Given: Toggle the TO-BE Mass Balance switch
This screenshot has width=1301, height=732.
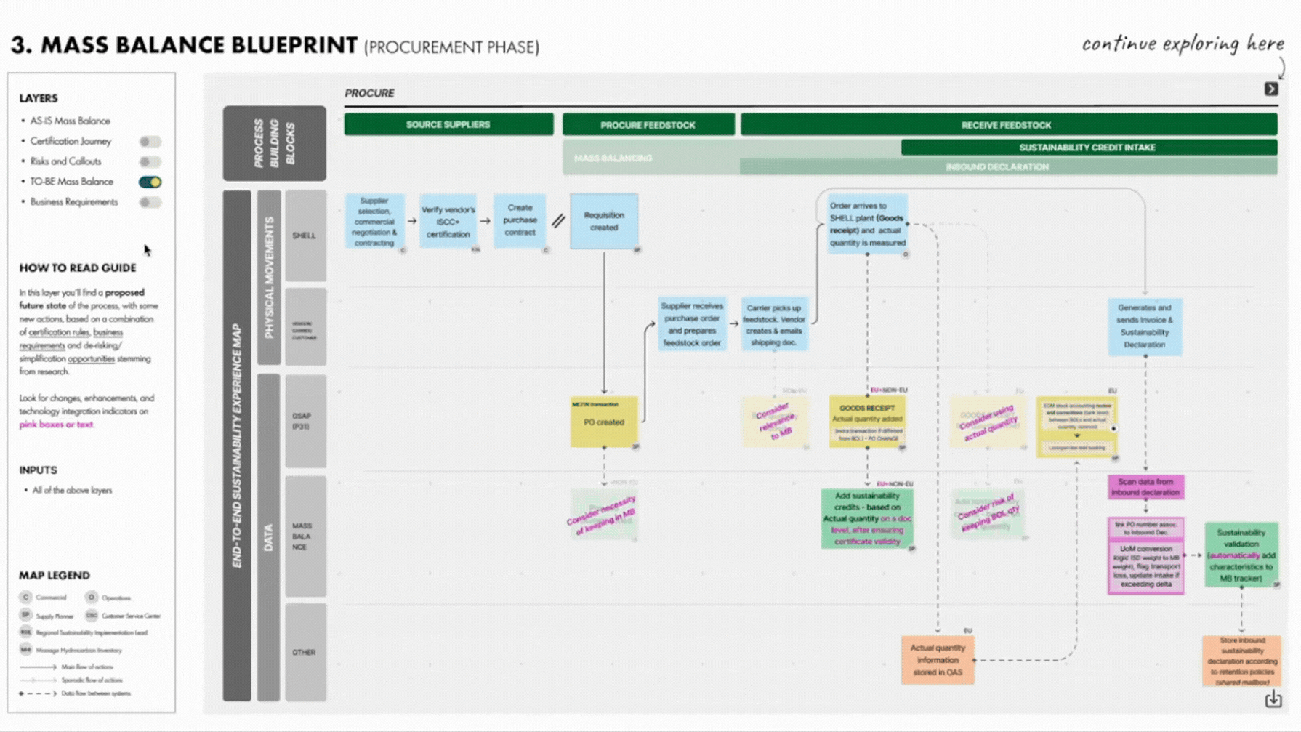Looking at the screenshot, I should (150, 182).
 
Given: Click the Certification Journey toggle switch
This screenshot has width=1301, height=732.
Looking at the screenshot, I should (150, 141).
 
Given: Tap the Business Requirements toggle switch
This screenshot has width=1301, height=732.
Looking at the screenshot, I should (150, 202).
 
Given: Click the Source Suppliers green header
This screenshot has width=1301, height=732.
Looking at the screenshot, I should (448, 124).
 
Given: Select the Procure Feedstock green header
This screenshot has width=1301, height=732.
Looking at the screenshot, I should (648, 125).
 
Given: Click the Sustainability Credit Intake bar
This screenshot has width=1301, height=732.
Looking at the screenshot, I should (1088, 148).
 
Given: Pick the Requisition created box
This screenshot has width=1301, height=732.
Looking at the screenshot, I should (604, 221).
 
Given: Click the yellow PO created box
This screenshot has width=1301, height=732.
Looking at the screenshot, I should (604, 422).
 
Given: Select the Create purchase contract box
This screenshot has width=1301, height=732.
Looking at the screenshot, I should (520, 220).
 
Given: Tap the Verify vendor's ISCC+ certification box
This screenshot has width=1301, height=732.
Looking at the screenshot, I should (448, 221).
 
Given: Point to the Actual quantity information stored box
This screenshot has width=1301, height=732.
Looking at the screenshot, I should (938, 660).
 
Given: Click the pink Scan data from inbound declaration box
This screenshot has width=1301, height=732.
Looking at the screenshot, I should (1145, 487).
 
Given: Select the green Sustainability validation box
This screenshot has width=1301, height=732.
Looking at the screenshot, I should (1241, 555).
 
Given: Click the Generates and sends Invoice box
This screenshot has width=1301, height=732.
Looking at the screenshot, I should (1145, 326).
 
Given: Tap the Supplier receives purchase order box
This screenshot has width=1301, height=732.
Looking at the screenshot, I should (692, 324).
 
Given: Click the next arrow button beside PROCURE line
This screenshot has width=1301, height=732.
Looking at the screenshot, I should (1271, 89).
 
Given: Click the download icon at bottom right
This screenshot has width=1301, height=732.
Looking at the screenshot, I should (1273, 699).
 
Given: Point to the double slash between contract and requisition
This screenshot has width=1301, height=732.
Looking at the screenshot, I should (558, 220).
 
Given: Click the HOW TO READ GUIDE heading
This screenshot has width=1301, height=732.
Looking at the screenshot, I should (78, 268).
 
